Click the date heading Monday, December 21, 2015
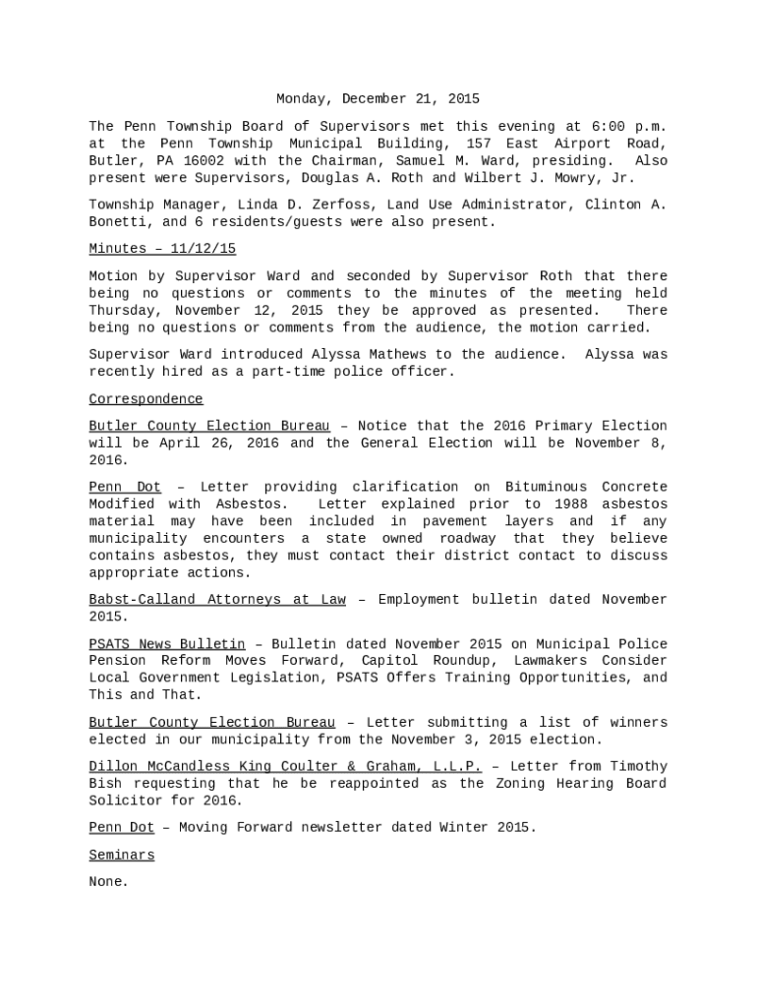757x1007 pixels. (x=378, y=99)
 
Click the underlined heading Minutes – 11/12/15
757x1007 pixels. (x=162, y=250)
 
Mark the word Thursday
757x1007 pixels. (x=121, y=311)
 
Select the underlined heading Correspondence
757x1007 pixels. (x=146, y=399)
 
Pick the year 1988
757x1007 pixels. (x=542, y=504)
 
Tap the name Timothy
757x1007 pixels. (x=635, y=767)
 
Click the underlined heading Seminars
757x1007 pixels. (x=121, y=856)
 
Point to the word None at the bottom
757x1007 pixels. (x=108, y=883)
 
